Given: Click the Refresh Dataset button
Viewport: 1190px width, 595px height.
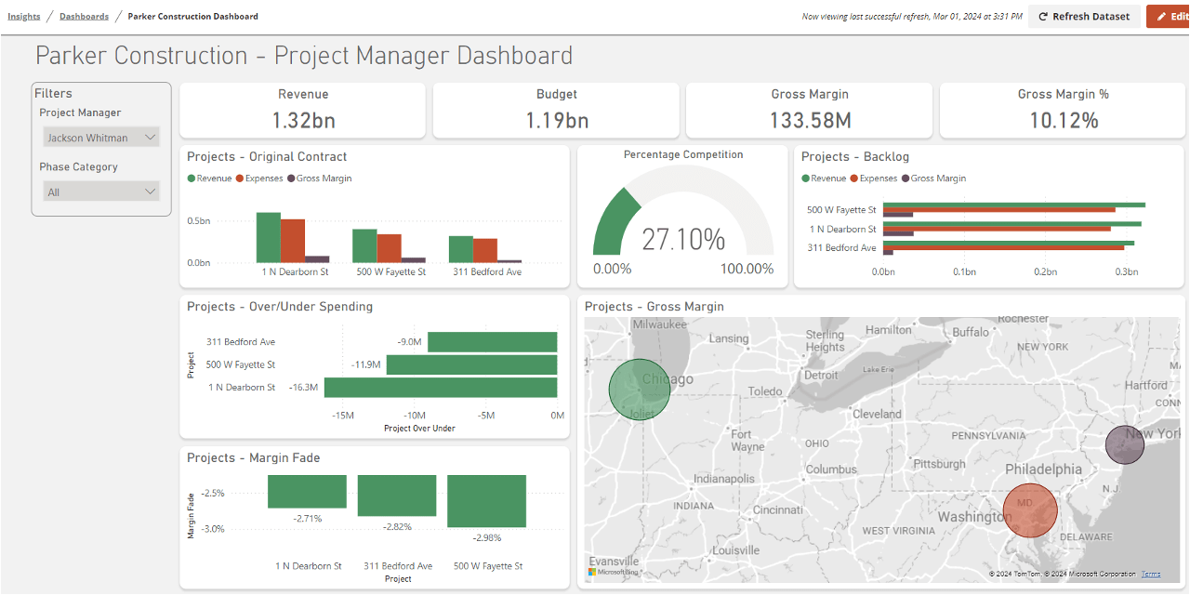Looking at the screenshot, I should click(x=1083, y=17).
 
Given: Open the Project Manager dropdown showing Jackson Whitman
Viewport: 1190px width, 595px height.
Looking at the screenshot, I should click(x=101, y=138).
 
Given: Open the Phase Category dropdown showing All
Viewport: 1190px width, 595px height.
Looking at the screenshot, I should click(x=101, y=192).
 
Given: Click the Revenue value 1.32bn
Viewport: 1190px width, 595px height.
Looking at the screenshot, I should click(x=303, y=120).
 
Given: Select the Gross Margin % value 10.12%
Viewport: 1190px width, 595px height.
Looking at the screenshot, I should click(x=1063, y=120).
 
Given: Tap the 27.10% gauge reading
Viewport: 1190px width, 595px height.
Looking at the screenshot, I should click(x=683, y=239).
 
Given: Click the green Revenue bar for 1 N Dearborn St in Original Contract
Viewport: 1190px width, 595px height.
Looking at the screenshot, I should click(x=268, y=237).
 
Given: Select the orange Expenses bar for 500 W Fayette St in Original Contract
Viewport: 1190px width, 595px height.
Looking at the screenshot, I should click(x=389, y=248).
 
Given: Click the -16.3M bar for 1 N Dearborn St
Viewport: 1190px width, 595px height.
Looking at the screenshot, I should click(x=440, y=388).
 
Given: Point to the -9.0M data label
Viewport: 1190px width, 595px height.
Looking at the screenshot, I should click(x=409, y=342).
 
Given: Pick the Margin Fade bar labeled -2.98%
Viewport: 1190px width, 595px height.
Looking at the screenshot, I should click(x=486, y=501).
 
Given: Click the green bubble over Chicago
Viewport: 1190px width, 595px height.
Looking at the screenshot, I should click(x=639, y=390).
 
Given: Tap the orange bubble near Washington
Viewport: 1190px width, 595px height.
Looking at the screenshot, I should click(x=1030, y=510).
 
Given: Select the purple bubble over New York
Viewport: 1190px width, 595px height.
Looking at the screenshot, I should click(x=1124, y=445).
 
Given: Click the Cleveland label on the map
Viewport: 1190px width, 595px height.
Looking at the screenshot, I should click(x=877, y=414).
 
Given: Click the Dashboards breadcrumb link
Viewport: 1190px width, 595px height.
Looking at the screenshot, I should click(x=84, y=17).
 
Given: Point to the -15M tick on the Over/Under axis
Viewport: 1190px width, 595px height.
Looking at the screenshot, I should click(x=342, y=416).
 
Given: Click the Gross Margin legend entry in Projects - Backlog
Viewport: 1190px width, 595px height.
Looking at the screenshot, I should click(x=937, y=178).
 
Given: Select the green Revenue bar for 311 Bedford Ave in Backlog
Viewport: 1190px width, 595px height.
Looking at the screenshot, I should click(x=1008, y=243).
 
